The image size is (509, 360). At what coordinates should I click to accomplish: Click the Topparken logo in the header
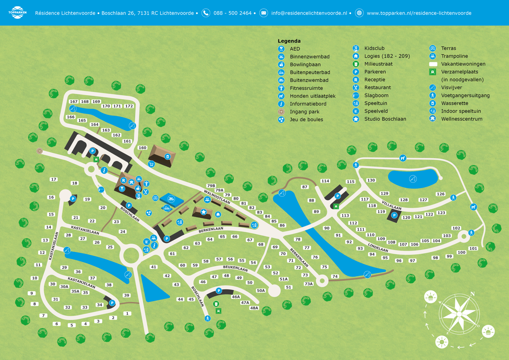tap(17, 13)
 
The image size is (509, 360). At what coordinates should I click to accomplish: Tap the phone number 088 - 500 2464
tap(232, 13)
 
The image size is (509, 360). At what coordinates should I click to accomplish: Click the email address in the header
tap(309, 13)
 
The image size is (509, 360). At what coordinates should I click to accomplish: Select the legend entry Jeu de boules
tap(306, 119)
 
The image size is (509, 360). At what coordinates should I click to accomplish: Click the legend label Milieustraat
tap(378, 64)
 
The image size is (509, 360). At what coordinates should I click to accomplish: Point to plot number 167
tap(74, 102)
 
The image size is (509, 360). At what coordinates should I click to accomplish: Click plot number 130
tap(371, 181)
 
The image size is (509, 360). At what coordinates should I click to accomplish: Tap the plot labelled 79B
tap(211, 186)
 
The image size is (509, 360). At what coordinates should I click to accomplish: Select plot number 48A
tap(254, 308)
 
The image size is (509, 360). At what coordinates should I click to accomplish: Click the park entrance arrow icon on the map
tap(39, 151)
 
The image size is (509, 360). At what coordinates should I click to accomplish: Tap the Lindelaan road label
tap(378, 247)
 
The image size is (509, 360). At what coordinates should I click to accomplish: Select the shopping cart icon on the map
tap(151, 164)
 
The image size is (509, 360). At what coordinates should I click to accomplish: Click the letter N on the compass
tap(472, 294)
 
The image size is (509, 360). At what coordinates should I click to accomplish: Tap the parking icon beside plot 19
tap(73, 198)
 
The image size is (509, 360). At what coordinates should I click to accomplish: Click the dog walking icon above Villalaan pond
tap(403, 158)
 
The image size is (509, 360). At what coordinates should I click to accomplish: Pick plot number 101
tap(473, 249)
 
